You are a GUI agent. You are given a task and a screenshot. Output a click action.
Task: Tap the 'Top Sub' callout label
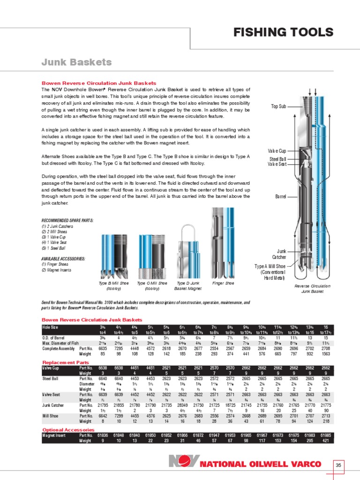[x=278, y=106]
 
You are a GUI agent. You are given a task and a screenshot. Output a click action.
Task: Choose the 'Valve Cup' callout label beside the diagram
[x=277, y=151]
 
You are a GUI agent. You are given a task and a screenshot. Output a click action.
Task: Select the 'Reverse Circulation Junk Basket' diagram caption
[x=312, y=288]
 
